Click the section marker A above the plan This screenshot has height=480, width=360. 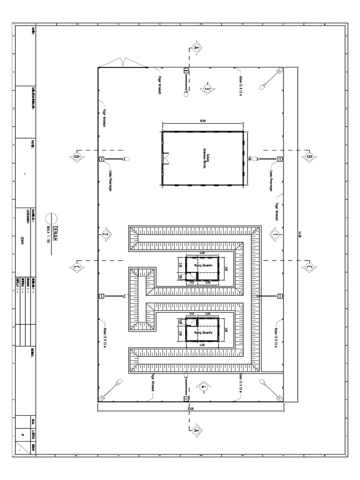(x=196, y=48)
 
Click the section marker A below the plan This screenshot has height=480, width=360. (x=196, y=429)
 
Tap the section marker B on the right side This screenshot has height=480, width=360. (x=308, y=156)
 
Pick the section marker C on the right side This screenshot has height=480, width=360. (x=308, y=267)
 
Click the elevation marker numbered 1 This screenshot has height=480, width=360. (x=275, y=233)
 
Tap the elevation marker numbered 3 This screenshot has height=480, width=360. (x=206, y=87)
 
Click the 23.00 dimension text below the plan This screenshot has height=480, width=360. (x=191, y=409)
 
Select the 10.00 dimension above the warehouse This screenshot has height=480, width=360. (x=202, y=121)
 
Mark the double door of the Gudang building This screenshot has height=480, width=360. (x=165, y=159)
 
